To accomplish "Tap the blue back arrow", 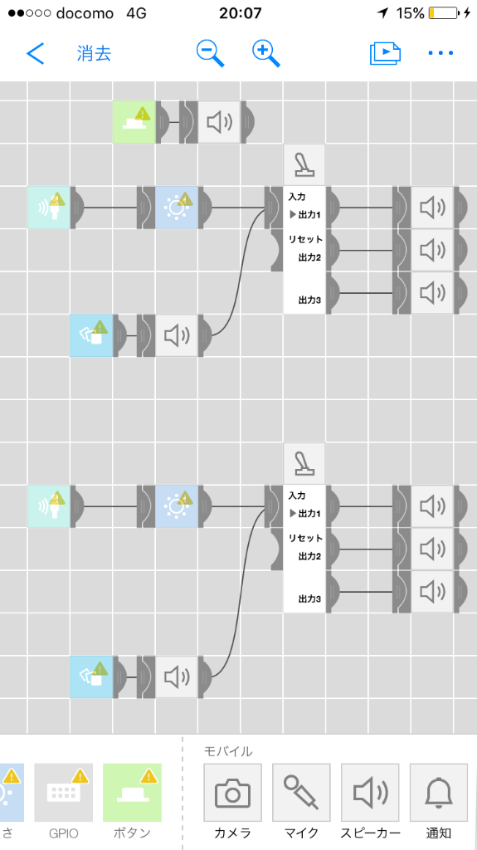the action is click(35, 53).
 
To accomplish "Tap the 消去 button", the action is click(95, 53).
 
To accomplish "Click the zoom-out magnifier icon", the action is click(211, 53).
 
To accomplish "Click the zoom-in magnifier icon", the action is click(266, 53).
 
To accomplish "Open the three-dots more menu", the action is click(440, 53).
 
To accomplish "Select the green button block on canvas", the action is click(134, 122).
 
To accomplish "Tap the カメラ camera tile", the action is click(232, 793).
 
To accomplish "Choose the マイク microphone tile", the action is click(301, 793).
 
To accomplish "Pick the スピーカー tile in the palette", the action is click(370, 793).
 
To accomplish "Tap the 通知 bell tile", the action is click(439, 793).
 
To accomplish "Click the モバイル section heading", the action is click(228, 750).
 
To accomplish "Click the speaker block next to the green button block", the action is click(219, 122).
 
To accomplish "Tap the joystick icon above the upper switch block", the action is click(304, 165).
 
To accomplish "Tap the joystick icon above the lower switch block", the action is click(304, 463).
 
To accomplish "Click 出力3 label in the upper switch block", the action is click(309, 299).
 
